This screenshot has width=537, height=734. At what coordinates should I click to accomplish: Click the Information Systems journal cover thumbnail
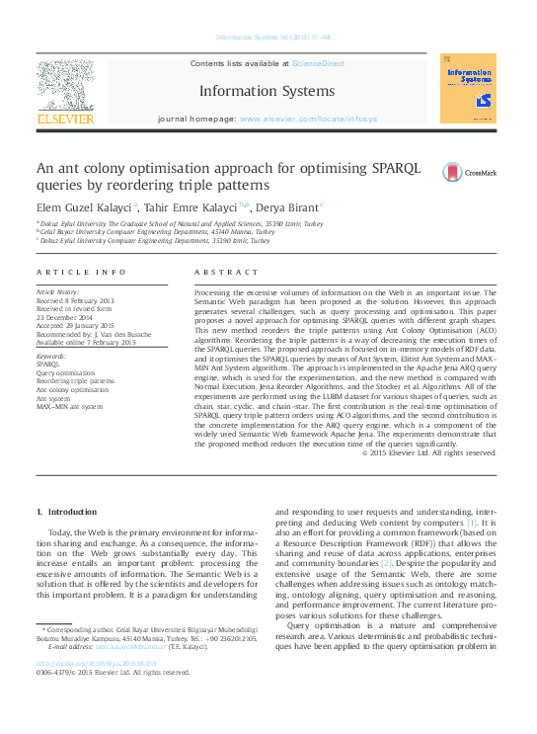(x=468, y=89)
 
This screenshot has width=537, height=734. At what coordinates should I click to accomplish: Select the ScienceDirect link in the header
(x=318, y=63)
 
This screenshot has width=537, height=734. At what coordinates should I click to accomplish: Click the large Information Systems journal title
(x=267, y=91)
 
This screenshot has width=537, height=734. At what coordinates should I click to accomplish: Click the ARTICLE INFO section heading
(x=81, y=271)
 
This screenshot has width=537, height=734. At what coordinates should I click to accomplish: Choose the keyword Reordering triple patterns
(x=76, y=379)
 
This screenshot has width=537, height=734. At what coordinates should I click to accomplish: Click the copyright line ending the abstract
(x=415, y=452)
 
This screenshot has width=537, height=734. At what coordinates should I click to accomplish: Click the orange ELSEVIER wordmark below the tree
(x=65, y=120)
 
